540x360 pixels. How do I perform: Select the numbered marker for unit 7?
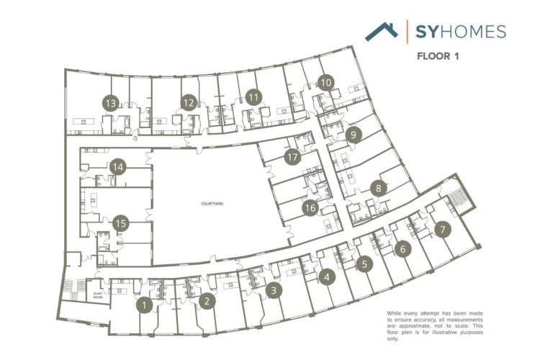click(x=442, y=230)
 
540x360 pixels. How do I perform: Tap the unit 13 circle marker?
click(x=110, y=103)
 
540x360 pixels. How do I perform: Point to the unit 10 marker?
click(x=326, y=82)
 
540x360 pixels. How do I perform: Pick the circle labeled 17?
click(x=292, y=155)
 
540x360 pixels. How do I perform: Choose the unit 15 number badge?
click(x=121, y=223)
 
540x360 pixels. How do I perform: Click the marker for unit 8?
click(x=379, y=188)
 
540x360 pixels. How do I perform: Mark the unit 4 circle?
click(x=328, y=276)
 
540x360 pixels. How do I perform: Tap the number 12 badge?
click(x=189, y=103)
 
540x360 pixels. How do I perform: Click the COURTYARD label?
click(x=212, y=204)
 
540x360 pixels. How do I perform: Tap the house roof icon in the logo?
click(x=381, y=31)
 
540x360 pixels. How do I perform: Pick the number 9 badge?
click(x=352, y=134)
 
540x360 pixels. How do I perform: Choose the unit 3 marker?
click(x=274, y=290)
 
